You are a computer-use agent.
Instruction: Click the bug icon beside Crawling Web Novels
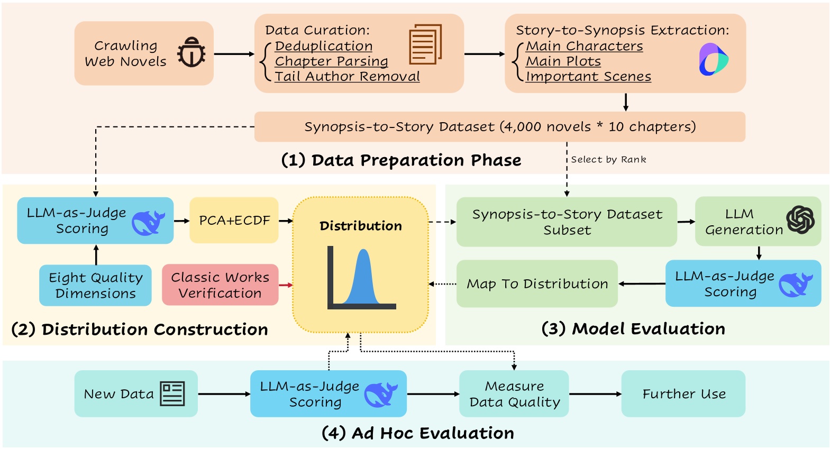point(191,53)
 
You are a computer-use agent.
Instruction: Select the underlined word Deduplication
point(324,47)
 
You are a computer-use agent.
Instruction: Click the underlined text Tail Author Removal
point(347,77)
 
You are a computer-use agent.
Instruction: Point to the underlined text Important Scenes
point(588,77)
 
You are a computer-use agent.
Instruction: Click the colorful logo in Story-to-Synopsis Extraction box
point(713,59)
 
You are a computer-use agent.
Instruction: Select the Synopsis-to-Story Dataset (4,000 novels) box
point(499,127)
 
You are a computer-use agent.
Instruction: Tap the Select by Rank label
point(608,160)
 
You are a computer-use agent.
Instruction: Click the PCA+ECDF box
point(234,221)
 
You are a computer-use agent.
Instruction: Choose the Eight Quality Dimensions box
point(95,286)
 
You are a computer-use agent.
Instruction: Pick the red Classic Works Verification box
point(220,285)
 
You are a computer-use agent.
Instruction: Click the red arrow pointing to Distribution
point(286,285)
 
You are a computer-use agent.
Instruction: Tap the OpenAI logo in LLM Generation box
point(800,220)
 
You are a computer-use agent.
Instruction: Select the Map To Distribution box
point(537,284)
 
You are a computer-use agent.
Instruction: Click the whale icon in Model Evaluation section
point(795,285)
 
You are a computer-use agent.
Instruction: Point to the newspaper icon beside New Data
point(172,394)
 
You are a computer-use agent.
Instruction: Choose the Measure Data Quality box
point(514,394)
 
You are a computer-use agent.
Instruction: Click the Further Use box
point(683,394)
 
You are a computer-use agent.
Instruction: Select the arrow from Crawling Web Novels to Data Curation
point(234,54)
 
